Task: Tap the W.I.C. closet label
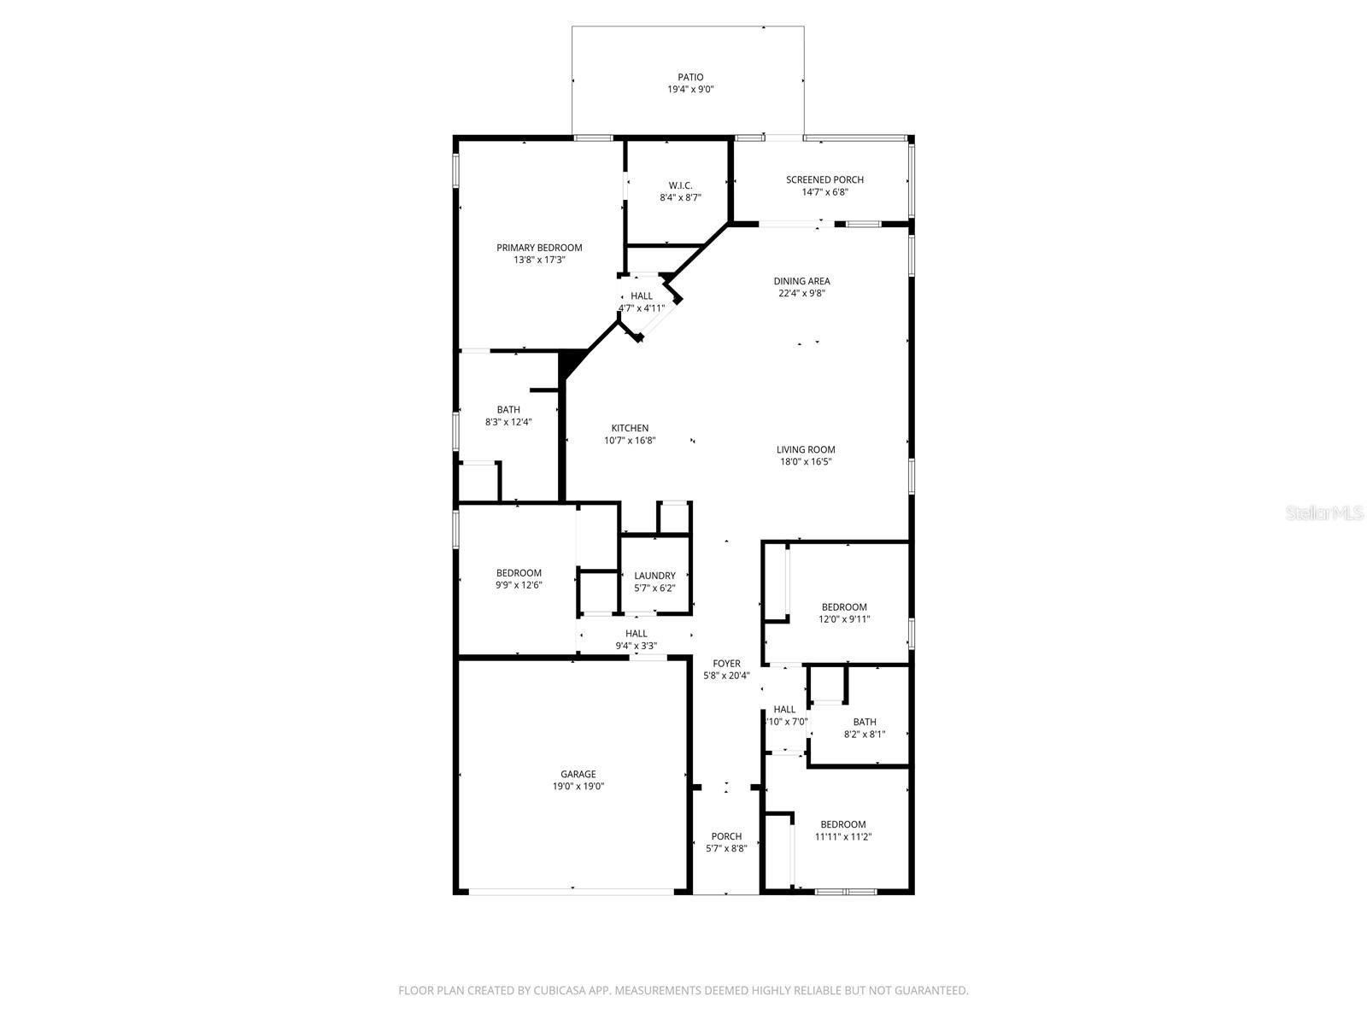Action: click(x=680, y=185)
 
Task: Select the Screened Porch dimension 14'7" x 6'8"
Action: click(x=824, y=192)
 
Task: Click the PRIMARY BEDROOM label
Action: click(x=539, y=248)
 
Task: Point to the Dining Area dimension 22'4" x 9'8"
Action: click(x=801, y=293)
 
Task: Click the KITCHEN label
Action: click(x=630, y=429)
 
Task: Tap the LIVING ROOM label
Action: click(x=806, y=449)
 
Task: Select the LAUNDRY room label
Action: click(x=654, y=576)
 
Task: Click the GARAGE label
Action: click(x=578, y=774)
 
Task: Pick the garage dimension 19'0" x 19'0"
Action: click(x=578, y=787)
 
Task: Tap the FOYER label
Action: click(x=727, y=664)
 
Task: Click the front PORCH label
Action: click(x=726, y=836)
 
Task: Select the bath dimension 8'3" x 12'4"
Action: click(x=508, y=422)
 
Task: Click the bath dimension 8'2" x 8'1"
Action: click(x=864, y=734)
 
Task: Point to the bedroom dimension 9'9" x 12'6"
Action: click(x=519, y=585)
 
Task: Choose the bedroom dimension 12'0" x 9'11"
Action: click(x=844, y=619)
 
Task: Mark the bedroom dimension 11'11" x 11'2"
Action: click(x=842, y=837)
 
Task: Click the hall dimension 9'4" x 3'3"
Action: click(x=636, y=646)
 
